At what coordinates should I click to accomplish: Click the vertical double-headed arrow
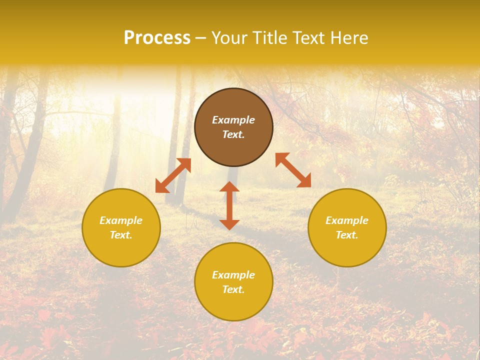(x=229, y=206)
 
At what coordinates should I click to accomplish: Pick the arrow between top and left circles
(x=173, y=175)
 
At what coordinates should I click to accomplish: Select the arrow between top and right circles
(x=293, y=170)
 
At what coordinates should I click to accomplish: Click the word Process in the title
(x=157, y=38)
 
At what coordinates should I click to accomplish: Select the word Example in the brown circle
(x=233, y=120)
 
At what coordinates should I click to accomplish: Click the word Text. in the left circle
(x=121, y=235)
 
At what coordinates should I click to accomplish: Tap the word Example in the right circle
(x=347, y=220)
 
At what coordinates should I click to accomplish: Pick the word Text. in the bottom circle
(x=233, y=289)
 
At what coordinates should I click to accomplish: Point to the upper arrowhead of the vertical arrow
(x=229, y=187)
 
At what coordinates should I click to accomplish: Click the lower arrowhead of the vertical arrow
(x=229, y=224)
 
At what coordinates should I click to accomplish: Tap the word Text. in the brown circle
(x=233, y=134)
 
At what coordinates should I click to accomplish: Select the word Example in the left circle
(x=121, y=220)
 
